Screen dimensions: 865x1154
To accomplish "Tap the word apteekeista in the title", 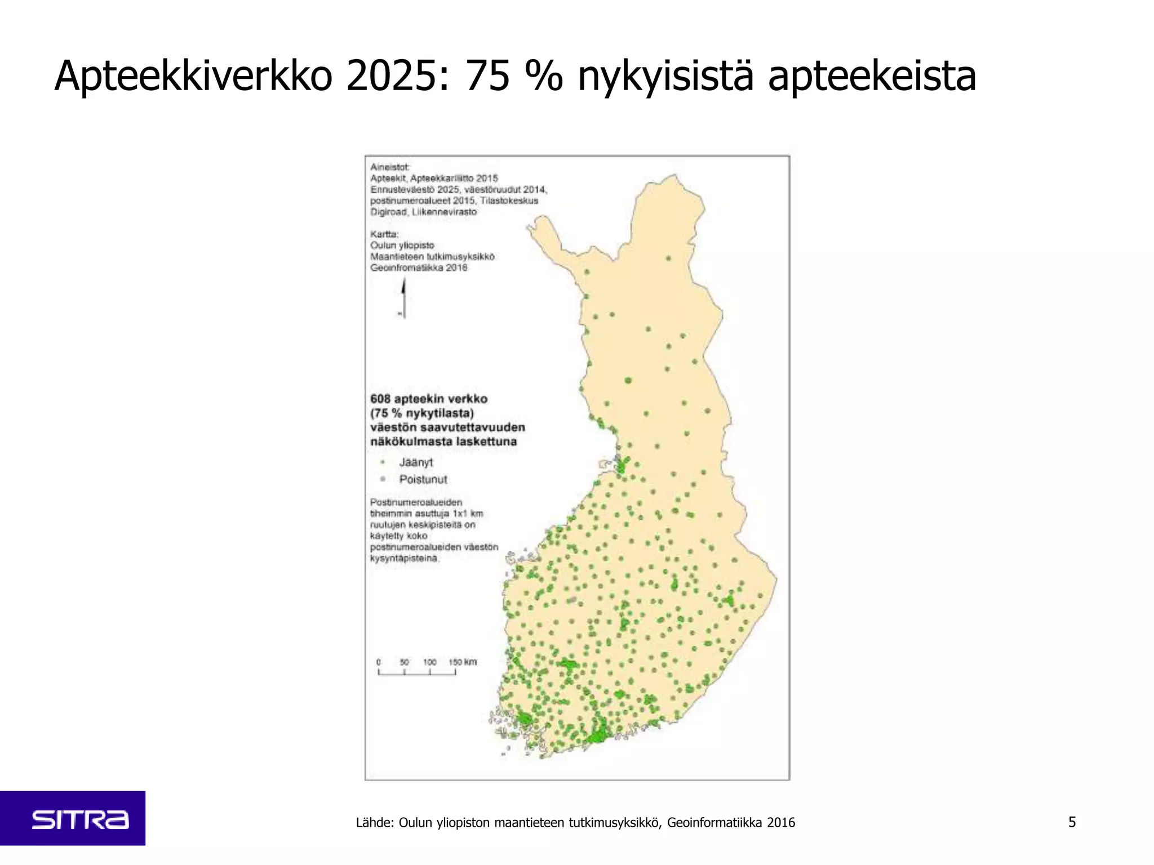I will coord(872,77).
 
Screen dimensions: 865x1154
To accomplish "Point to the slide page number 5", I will coord(1072,822).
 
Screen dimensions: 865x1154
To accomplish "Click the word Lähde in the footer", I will coord(374,823).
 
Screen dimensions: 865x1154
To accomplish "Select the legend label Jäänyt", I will coord(416,462).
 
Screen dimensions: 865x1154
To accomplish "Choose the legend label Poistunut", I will coord(423,479).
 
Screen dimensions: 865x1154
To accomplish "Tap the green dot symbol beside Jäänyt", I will coord(383,462).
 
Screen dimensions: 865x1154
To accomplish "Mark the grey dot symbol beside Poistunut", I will coord(383,479).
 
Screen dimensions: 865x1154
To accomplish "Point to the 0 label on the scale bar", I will coord(379,662).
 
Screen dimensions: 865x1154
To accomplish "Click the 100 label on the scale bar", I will coord(429,662).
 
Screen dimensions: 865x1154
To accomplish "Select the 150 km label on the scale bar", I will coord(463,662).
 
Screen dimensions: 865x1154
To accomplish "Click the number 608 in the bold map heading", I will coord(380,399).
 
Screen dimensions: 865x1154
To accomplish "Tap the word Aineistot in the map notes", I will coord(390,167).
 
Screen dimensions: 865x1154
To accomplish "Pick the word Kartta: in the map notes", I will coord(384,234).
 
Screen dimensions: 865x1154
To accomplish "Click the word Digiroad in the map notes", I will coord(388,212).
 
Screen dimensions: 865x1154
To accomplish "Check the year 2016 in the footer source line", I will coord(781,823).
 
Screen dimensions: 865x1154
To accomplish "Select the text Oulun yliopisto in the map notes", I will coord(402,246).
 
